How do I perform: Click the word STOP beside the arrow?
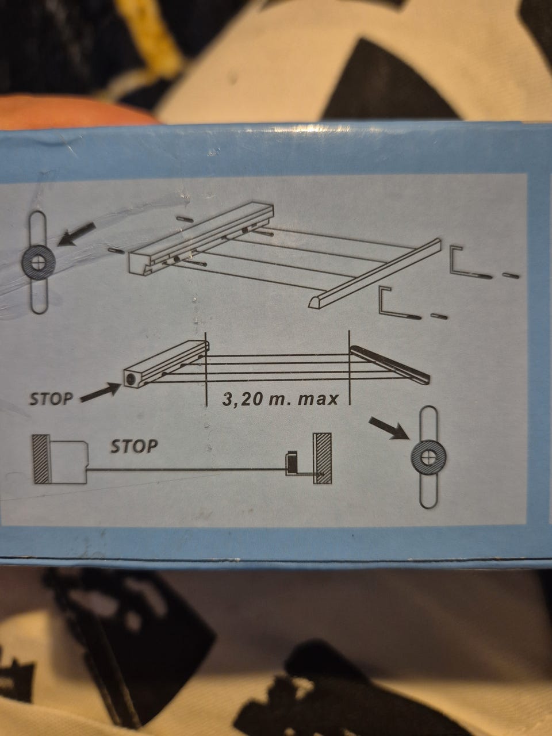click(51, 398)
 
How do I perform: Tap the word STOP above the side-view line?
click(134, 446)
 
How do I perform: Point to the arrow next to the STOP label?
click(101, 392)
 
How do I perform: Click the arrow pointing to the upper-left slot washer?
click(76, 235)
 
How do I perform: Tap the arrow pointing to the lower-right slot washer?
click(389, 428)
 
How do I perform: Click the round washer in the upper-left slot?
click(39, 262)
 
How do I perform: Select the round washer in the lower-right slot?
click(428, 457)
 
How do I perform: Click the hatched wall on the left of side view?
click(41, 459)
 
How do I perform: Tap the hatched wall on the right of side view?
click(322, 458)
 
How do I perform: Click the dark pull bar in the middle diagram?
click(390, 365)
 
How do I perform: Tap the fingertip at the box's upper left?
click(67, 112)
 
